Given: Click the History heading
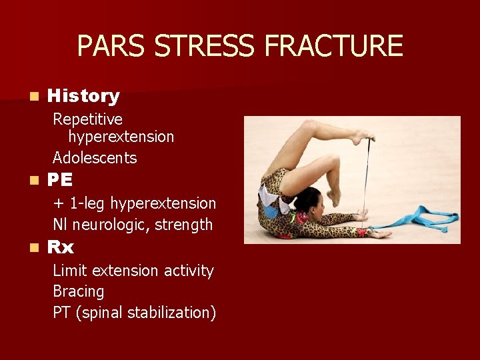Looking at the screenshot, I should pos(83,96).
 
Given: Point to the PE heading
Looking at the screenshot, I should pos(60,181).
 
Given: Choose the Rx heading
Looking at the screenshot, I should pos(61,248).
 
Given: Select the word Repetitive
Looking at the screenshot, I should pos(87,119).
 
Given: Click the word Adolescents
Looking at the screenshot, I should pos(95,158).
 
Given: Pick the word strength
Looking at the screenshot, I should pos(183,225).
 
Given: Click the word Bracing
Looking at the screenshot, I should pos(79,291).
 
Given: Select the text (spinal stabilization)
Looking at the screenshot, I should pos(146,313).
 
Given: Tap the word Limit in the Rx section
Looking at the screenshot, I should pos(70,271).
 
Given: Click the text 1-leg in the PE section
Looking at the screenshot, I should pos(87,203).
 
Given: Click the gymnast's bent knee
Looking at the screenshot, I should pos(309,126).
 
